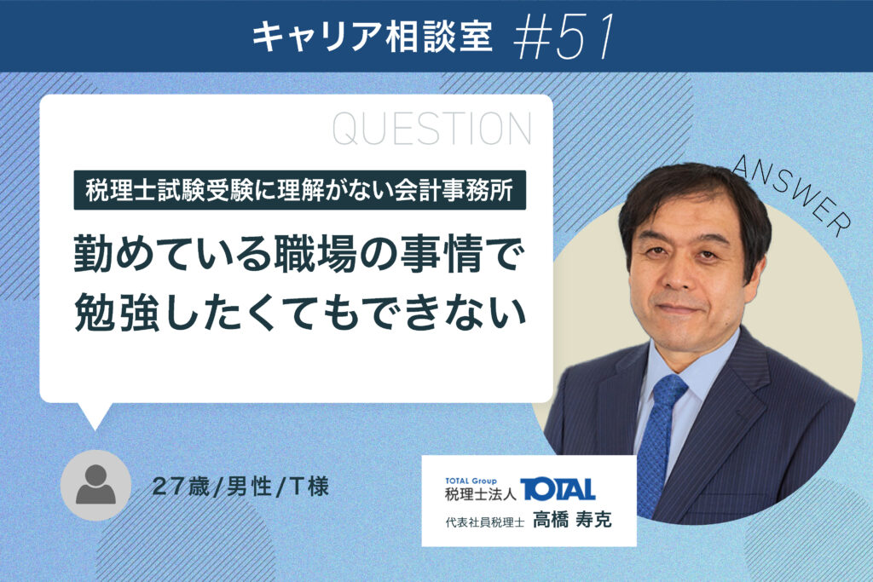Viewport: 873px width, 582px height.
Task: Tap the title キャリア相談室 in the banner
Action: coord(373,37)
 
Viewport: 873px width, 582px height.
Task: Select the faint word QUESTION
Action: coord(432,129)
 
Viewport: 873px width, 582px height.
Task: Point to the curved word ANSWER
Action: coord(792,193)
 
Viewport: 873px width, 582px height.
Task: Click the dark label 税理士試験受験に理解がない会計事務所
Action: coord(299,190)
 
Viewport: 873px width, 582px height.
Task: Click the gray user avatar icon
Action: coord(95,485)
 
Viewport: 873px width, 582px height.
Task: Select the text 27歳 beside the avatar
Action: coord(181,487)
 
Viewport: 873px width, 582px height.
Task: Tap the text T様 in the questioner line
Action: coord(309,487)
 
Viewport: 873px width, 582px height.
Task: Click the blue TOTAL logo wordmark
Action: coord(558,490)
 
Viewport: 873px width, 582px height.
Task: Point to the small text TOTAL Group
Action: coord(471,481)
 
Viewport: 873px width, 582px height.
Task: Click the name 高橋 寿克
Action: coord(572,520)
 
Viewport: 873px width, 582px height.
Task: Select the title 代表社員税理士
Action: coord(484,521)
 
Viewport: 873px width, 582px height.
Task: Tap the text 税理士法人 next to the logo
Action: coord(481,493)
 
